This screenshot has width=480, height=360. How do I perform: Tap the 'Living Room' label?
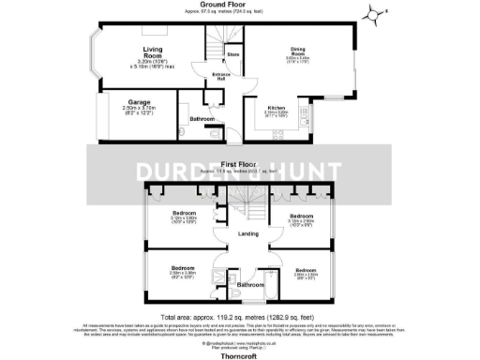153,52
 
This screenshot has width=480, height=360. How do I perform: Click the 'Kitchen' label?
277,108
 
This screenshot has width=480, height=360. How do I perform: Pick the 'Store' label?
233,56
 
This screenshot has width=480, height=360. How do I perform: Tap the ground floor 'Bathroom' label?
201,119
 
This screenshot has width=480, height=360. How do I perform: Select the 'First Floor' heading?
239,162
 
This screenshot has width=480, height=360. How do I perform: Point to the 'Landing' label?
248,233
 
